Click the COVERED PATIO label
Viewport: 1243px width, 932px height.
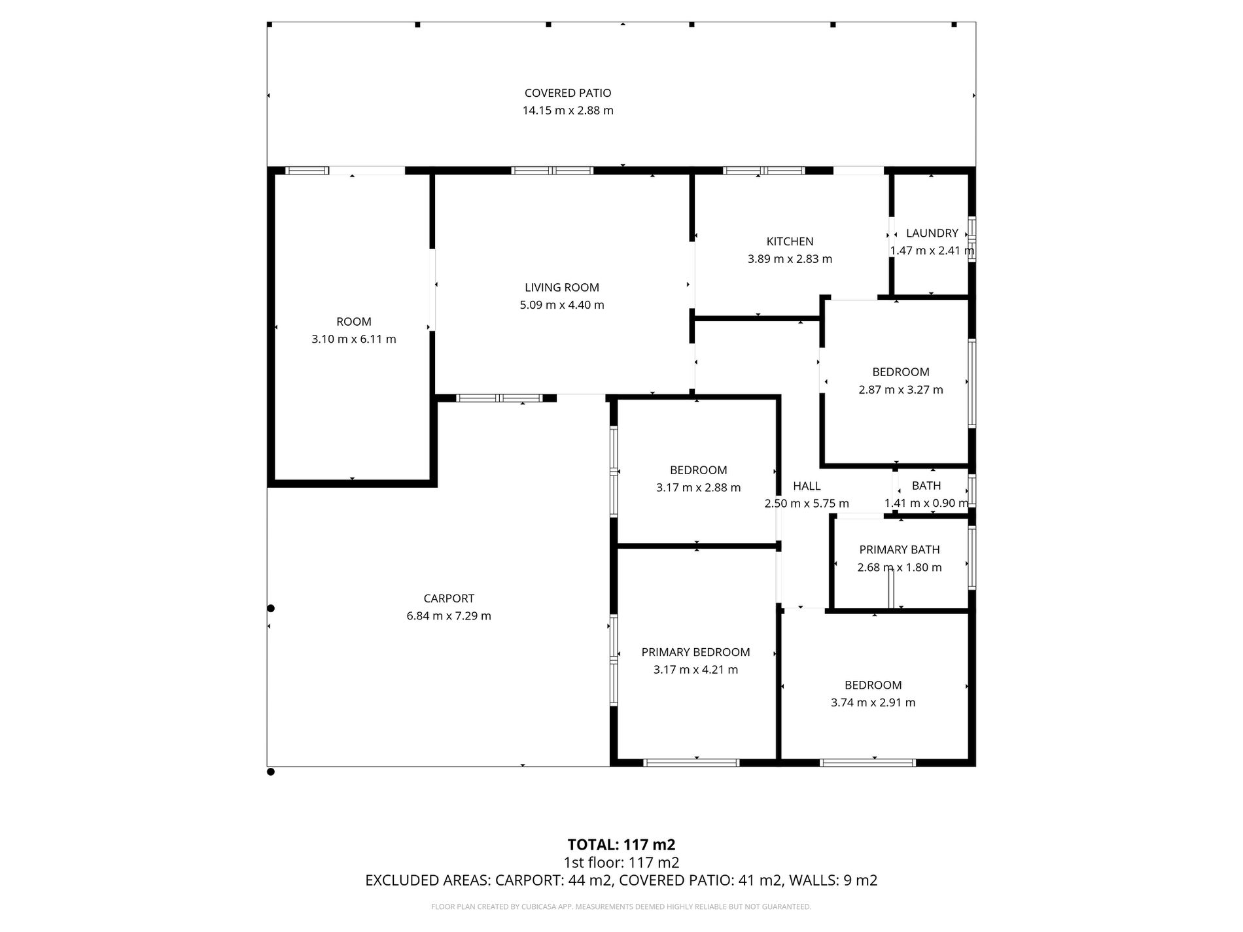pos(568,93)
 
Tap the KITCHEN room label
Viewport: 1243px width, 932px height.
pos(790,241)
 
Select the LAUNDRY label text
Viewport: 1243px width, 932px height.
pos(932,233)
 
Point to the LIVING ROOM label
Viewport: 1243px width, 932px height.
pos(562,287)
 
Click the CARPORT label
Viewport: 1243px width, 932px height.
pos(449,598)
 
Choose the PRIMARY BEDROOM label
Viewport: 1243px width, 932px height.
pos(695,652)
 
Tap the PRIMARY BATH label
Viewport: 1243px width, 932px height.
pos(900,550)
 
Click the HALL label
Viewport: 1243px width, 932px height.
pos(807,486)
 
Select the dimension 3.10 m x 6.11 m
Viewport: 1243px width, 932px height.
pos(354,339)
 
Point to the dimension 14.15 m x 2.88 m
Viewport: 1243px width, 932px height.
pos(568,111)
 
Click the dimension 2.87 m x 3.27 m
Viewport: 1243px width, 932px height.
pos(901,390)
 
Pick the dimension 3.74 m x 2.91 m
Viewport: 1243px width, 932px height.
pos(873,703)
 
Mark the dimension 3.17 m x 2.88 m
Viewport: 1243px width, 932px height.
pos(699,488)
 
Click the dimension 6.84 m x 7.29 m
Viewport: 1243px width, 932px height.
pos(449,616)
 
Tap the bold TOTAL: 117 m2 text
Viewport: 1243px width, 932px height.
pos(621,845)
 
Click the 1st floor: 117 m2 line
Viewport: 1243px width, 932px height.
pos(621,863)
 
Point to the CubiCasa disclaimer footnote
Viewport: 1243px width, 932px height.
pos(621,906)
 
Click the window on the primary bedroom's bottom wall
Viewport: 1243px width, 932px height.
pos(692,763)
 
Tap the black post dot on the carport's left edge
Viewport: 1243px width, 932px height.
pos(271,608)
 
